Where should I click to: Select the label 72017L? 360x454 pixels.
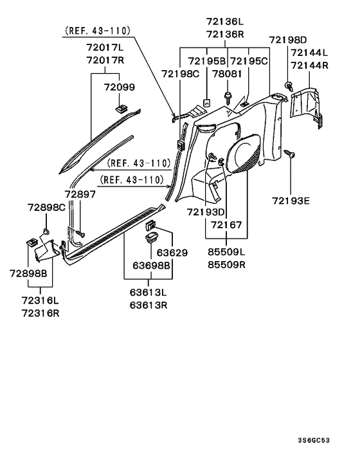pos(109,48)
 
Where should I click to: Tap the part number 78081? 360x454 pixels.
pos(227,73)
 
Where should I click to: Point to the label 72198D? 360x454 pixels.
pos(289,40)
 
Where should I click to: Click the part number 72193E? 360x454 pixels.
pos(290,201)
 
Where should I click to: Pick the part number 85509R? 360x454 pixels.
pos(226,264)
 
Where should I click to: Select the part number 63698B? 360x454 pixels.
pos(151,265)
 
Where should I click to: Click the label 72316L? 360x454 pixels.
pos(40,300)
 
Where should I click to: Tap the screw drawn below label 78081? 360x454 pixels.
pos(228,96)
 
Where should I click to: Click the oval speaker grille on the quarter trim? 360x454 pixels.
pos(246,158)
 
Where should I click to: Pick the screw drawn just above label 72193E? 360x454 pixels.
pos(290,154)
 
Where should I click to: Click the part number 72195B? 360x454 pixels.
pos(206,61)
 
